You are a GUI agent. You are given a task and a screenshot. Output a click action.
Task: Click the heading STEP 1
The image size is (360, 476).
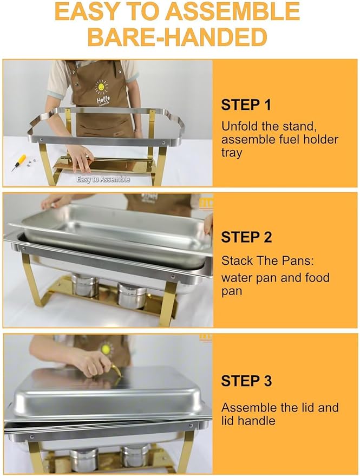pos(246,105)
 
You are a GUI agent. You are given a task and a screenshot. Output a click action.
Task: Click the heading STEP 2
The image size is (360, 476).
pos(246,237)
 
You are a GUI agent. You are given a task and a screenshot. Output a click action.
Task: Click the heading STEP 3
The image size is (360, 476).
pos(246,381)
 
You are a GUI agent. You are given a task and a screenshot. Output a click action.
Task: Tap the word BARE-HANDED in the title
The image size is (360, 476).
pos(177,37)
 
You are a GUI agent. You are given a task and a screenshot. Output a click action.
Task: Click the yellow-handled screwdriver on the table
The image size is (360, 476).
pos(19,162)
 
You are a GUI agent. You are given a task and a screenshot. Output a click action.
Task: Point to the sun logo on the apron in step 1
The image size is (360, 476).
pos(101,86)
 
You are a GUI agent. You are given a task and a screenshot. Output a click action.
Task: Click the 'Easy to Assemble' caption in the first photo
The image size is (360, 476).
pos(103,179)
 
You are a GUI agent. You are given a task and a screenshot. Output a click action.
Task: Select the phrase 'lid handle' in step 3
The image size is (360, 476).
pos(248,420)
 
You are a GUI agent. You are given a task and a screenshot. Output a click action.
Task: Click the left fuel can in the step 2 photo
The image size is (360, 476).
pos(86,285)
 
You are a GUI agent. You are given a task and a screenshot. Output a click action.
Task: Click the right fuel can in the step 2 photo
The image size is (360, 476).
pos(132,294)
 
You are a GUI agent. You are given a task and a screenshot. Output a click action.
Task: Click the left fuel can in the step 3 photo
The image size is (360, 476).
pos(84,459)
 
